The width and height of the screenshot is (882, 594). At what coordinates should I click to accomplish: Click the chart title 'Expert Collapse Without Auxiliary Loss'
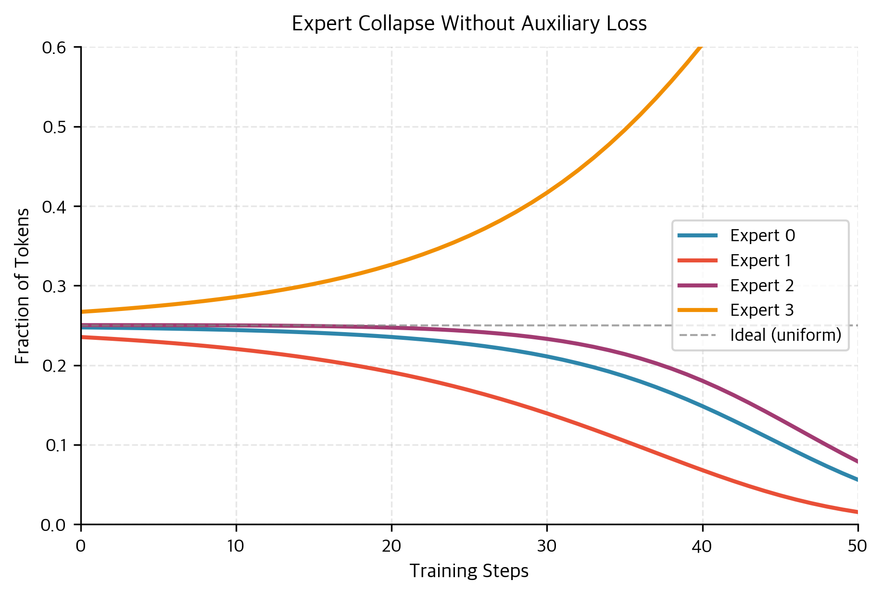469,24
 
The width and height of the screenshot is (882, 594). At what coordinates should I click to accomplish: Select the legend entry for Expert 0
762,235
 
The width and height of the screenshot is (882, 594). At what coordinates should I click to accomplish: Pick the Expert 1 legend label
760,260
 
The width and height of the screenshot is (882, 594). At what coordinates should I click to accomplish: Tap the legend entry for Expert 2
762,285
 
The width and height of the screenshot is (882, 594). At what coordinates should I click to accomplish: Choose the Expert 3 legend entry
762,310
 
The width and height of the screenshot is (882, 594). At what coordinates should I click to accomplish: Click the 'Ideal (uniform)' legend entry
785,335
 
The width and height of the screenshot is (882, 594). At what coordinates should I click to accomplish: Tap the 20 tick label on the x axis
391,546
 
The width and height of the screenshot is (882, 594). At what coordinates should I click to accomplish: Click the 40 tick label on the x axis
702,546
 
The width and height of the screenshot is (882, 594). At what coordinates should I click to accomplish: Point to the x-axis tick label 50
857,546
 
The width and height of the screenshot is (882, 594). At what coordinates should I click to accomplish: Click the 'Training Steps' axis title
469,571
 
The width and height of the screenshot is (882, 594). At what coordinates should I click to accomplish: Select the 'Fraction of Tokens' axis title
23,286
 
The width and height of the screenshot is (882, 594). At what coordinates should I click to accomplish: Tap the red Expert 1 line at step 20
391,372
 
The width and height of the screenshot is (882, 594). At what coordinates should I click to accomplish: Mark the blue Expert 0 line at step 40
702,406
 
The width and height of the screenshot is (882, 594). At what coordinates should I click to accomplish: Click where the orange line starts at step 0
82,311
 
